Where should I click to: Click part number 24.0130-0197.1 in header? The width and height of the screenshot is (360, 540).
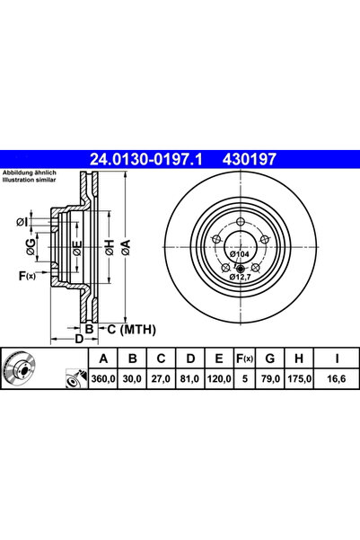coord(146,159)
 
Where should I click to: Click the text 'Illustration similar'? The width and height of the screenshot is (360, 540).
coord(30,181)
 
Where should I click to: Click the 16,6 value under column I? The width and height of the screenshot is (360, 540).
coord(336,380)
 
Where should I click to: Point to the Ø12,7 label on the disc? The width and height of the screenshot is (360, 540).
coord(239,277)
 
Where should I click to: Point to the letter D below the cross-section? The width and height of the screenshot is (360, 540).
coord(78,340)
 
